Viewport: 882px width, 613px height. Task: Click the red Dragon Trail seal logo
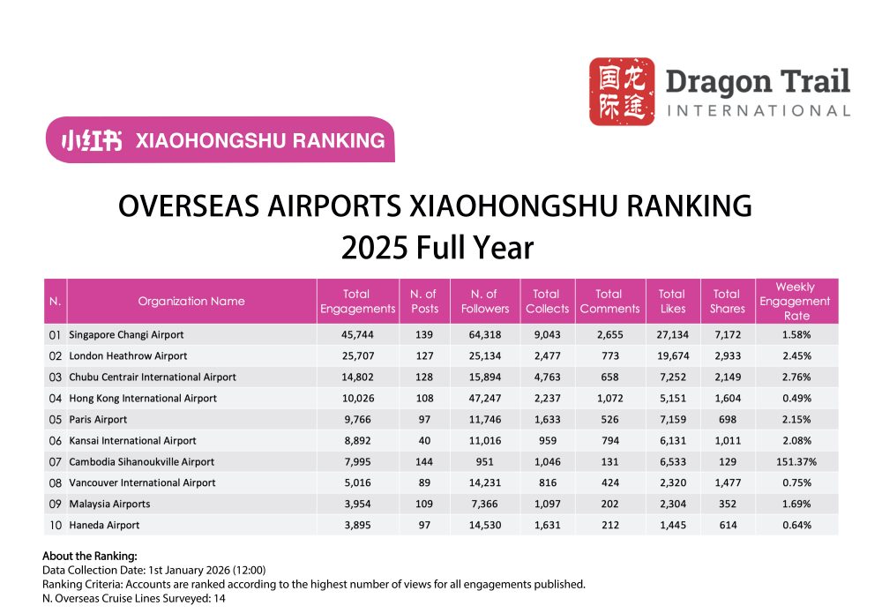(621, 91)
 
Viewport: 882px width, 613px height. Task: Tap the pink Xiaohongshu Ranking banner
(220, 139)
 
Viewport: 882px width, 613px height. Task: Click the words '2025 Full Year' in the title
(437, 248)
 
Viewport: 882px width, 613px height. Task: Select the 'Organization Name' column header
(191, 301)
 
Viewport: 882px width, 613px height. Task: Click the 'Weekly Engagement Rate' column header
(796, 301)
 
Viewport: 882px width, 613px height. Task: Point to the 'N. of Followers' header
(484, 301)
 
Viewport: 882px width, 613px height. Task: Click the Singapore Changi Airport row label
(126, 335)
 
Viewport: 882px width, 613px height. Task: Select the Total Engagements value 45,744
(357, 335)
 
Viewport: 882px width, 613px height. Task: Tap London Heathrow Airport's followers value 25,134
(484, 356)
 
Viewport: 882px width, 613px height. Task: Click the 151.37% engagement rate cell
(796, 462)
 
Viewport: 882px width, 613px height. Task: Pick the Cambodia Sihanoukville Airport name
(141, 462)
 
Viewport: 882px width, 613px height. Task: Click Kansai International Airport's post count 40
(424, 441)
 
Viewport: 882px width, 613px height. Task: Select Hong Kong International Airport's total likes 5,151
(672, 399)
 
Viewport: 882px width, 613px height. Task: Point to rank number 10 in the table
(56, 526)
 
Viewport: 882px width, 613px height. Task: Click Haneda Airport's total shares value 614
(727, 526)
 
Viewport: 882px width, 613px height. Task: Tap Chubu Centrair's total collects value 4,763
(547, 378)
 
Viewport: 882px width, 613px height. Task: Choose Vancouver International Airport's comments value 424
(609, 483)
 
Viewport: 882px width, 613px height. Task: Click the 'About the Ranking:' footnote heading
(90, 557)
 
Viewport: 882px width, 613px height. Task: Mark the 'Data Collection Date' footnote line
(154, 571)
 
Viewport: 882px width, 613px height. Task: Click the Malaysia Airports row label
(109, 505)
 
